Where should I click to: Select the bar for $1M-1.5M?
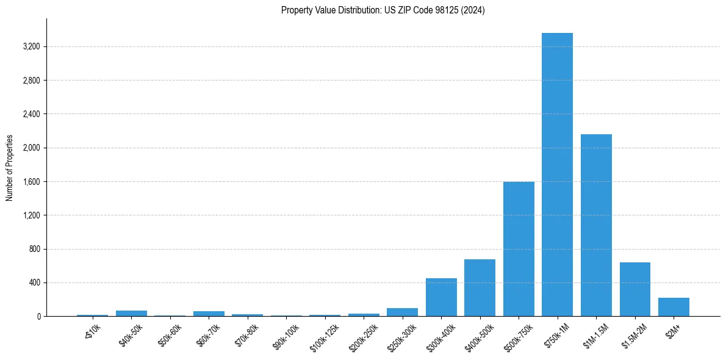596,225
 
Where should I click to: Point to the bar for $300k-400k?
441,297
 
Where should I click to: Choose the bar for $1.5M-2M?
634,289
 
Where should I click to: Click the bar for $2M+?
674,307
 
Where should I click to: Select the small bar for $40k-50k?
131,314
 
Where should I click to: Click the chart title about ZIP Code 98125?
383,10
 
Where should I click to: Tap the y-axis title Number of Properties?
10,168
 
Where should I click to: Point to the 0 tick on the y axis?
38,316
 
